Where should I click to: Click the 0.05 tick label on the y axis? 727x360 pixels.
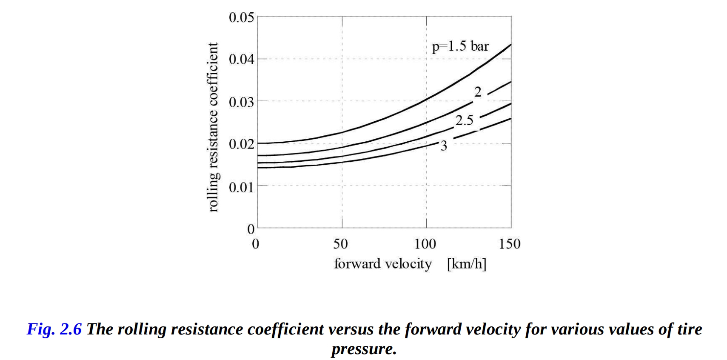(241, 18)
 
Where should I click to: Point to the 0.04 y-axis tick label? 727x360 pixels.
(241, 59)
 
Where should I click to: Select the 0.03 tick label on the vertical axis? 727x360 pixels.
(241, 102)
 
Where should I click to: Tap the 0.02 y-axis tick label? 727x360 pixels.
(241, 144)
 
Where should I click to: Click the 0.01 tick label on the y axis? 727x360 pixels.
(241, 187)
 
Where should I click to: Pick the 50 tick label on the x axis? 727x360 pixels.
(340, 244)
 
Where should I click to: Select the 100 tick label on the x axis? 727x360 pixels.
(425, 244)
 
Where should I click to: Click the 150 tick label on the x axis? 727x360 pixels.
(510, 244)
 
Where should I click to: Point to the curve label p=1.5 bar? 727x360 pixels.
(460, 46)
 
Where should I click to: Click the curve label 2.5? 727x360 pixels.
(465, 120)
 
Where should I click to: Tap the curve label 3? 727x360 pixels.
(444, 146)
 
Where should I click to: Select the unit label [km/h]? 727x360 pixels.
(466, 264)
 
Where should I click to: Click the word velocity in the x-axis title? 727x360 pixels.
(408, 264)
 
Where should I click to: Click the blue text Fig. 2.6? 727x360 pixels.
(54, 329)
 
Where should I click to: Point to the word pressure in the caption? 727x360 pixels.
(364, 349)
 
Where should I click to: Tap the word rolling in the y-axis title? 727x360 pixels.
(214, 195)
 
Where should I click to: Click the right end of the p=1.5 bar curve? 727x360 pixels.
(510, 44)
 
